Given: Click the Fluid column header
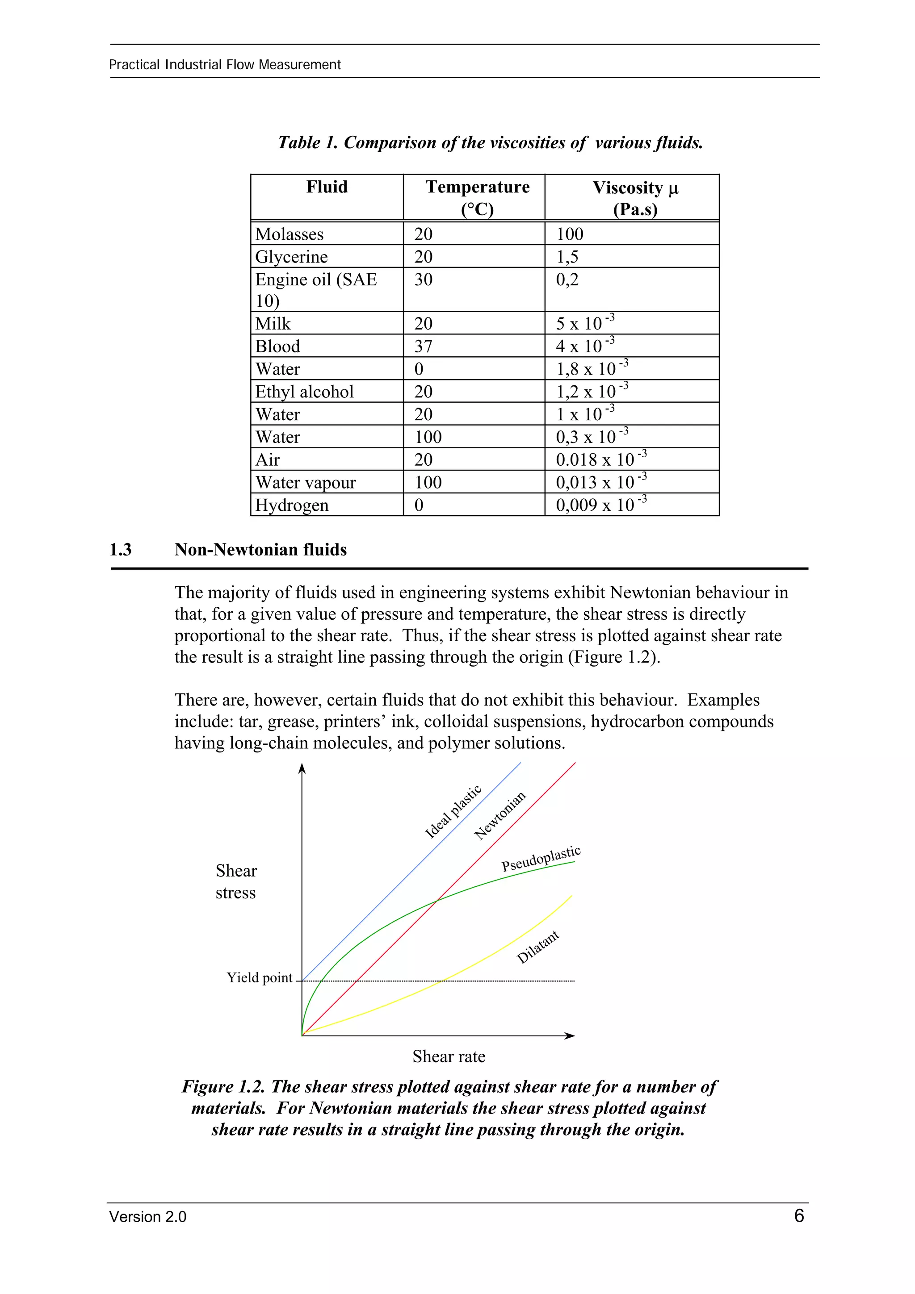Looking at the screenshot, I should point(327,187).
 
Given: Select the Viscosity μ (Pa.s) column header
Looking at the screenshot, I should point(635,198).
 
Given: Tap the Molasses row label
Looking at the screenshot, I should point(289,234).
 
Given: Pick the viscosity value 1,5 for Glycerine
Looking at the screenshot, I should point(567,257).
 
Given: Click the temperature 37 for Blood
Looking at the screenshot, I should point(424,346).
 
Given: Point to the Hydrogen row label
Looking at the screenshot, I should point(291,505).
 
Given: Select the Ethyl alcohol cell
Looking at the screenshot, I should point(304,392).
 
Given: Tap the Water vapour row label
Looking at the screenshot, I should point(306,482).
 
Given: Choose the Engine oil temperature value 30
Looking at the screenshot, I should point(424,280).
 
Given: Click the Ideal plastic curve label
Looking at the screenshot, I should point(453,812).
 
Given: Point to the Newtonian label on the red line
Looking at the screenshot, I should point(499,815).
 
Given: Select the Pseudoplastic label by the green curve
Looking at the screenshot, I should point(541,859).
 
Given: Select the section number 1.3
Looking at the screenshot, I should point(120,550).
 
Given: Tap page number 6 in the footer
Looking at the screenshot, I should point(798,1216).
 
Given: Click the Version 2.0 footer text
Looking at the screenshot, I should point(148,1217).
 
